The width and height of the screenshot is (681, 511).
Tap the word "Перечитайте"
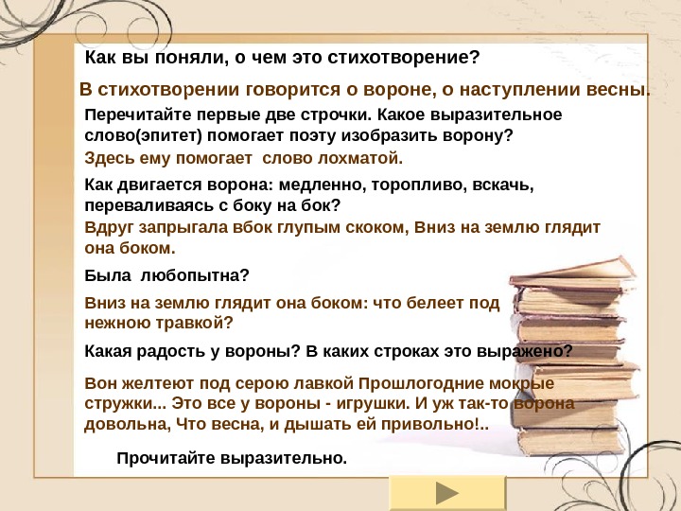[129, 115]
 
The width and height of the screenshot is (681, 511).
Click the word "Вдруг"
[107, 228]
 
